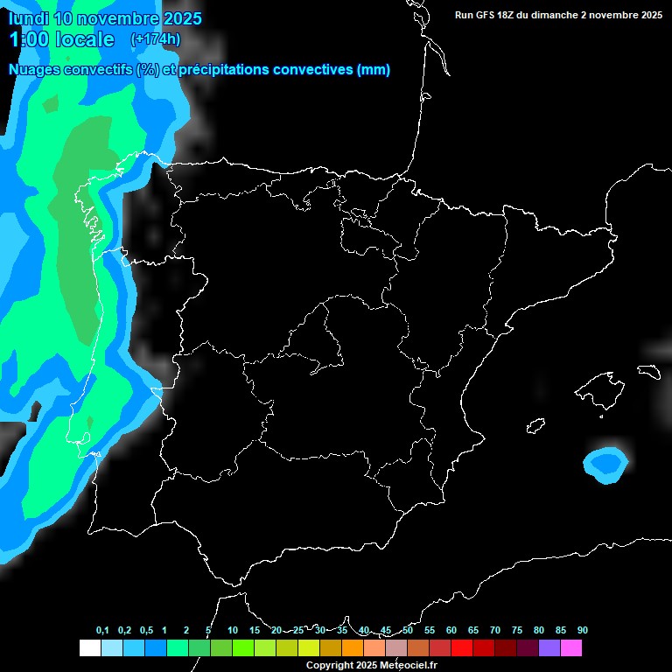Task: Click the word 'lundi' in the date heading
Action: [28, 18]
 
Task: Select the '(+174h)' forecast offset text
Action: [155, 38]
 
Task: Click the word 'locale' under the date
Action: [84, 39]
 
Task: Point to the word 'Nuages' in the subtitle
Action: [35, 70]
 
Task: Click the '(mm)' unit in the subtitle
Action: [374, 70]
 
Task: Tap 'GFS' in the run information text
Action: [492, 15]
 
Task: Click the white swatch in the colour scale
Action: [89, 647]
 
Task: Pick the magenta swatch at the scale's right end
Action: [570, 647]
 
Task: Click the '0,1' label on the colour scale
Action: [102, 631]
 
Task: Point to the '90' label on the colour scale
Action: [583, 631]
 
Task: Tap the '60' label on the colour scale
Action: [451, 631]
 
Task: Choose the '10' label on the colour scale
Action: [233, 631]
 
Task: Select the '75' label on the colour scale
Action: [517, 631]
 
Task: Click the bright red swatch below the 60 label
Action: [461, 647]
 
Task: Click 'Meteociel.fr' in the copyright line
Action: [407, 666]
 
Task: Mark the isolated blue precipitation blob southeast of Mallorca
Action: [605, 464]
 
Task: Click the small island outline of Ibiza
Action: [535, 426]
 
